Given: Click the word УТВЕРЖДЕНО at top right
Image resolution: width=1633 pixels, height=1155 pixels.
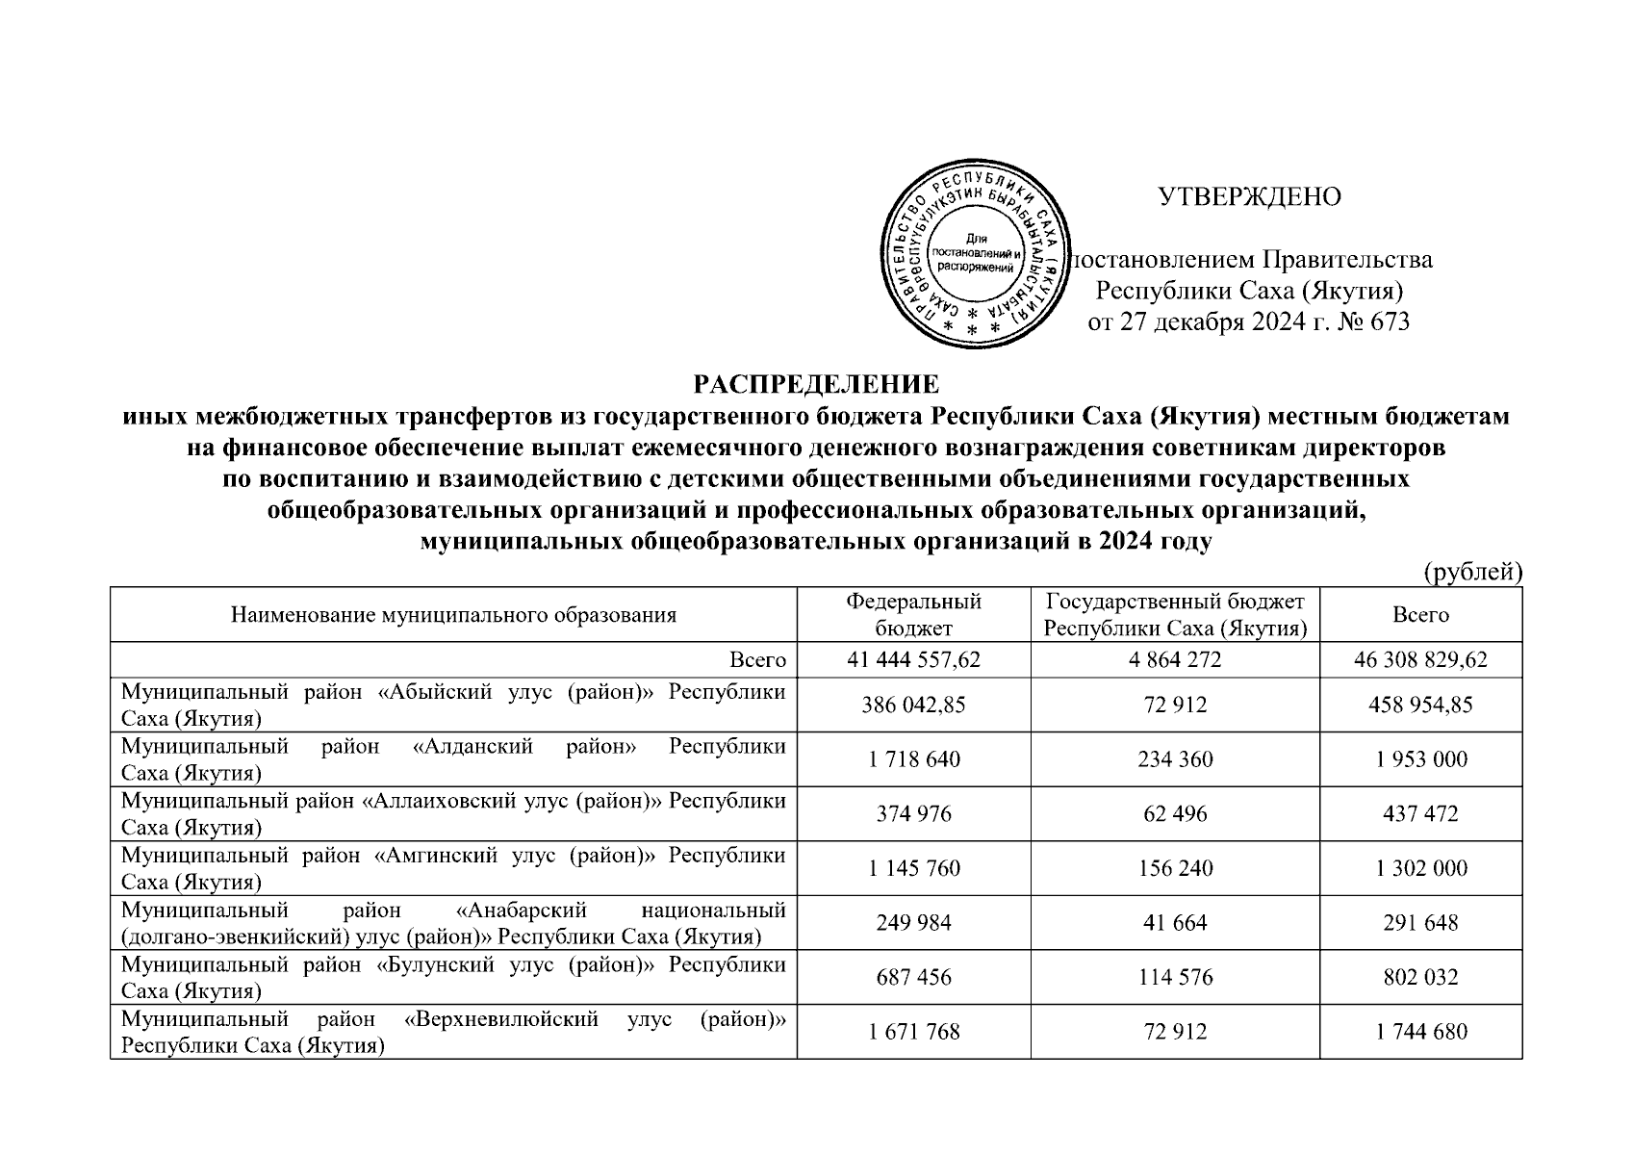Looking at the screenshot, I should [1249, 197].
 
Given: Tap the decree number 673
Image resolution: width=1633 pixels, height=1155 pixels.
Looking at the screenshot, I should [1386, 322].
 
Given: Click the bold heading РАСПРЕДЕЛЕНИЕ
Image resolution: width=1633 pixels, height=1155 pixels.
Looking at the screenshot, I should [816, 385].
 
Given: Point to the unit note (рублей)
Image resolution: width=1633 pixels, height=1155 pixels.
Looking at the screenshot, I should [1472, 572].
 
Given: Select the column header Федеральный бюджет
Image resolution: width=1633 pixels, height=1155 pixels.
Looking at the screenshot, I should [913, 615].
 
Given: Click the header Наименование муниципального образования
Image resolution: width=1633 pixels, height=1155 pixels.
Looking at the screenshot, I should [453, 615].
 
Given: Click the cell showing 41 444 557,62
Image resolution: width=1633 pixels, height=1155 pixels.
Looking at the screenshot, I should [913, 660].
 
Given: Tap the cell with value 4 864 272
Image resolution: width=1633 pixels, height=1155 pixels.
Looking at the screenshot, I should [1174, 660].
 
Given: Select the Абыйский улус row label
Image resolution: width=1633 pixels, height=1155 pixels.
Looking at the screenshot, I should [453, 705].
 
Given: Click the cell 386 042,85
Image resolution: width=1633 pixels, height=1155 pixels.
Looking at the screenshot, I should [913, 705].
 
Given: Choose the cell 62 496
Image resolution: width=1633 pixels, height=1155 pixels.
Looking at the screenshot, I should [1174, 814].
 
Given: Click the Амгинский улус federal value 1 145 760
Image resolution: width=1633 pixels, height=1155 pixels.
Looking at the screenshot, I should [913, 868].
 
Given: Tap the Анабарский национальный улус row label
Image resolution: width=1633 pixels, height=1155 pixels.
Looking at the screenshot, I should [453, 923].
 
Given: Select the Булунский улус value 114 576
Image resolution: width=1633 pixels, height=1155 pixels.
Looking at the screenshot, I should [1174, 978].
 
